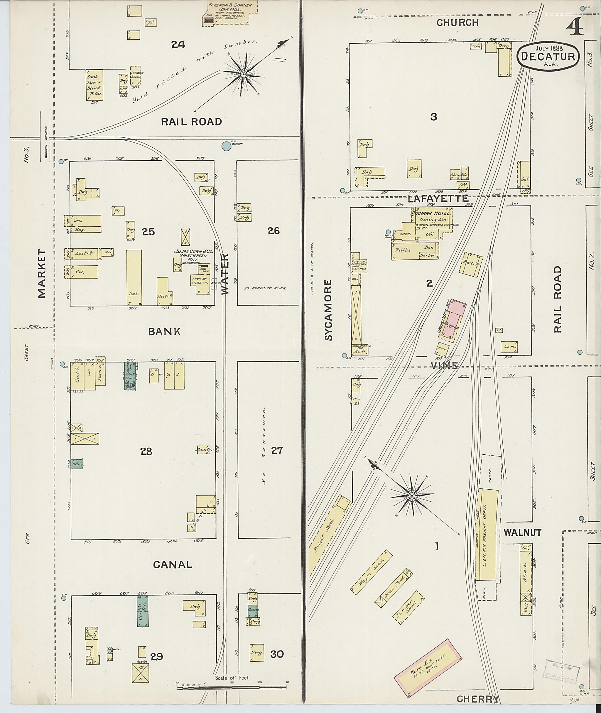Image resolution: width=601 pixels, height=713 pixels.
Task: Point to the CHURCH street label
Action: click(x=457, y=23)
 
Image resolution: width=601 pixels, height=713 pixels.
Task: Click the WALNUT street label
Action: click(x=522, y=532)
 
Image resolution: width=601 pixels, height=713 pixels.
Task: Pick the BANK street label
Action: click(x=164, y=331)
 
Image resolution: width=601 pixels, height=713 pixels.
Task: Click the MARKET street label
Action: click(x=42, y=273)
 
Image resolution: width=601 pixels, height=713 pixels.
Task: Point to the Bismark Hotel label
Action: click(x=432, y=213)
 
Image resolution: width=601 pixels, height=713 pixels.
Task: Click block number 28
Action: click(x=146, y=452)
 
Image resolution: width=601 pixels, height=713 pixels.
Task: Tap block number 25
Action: click(x=148, y=232)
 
